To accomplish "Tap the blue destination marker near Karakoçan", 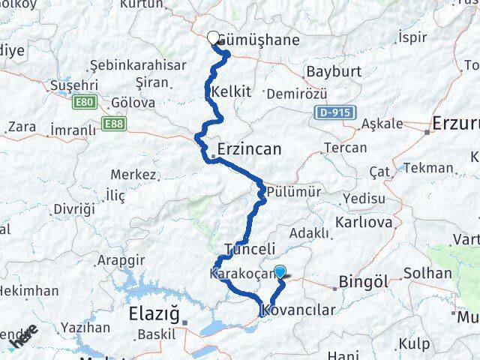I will (x=280, y=273).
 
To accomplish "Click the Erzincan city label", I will (x=249, y=149).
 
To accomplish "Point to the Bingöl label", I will (x=364, y=283).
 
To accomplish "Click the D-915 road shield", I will (x=331, y=111).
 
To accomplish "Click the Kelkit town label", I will (x=231, y=91).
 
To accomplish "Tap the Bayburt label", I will (x=333, y=73).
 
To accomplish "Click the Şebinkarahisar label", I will (x=138, y=65).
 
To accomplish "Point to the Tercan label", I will (x=346, y=148).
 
